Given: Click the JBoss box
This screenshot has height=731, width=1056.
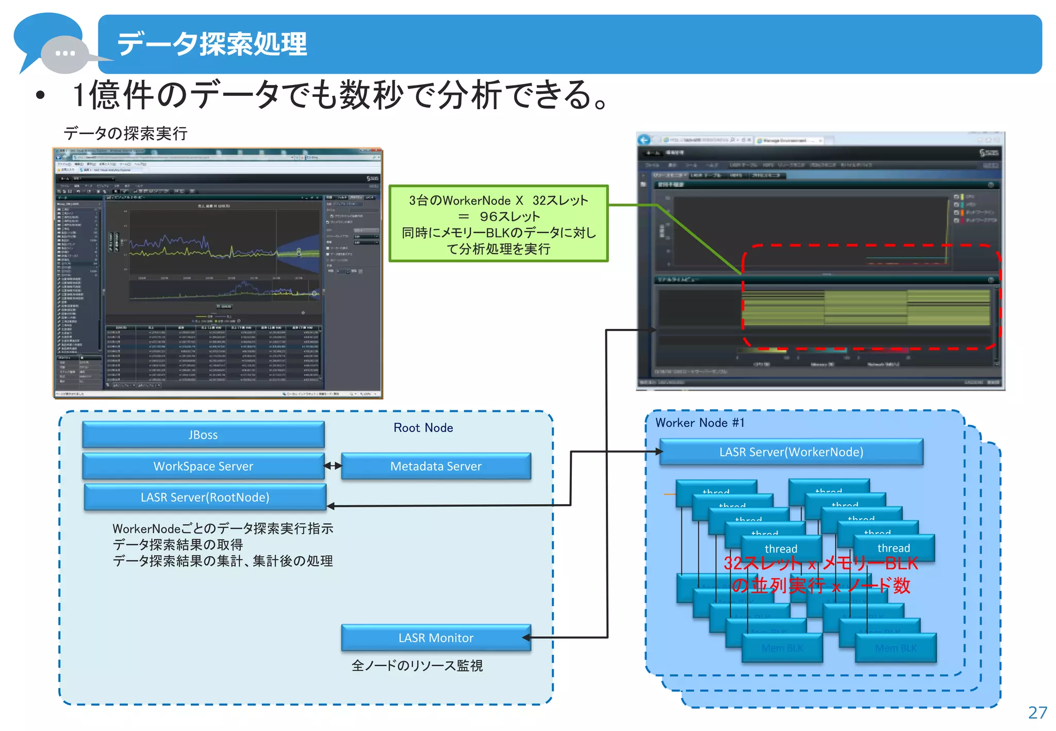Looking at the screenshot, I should click(203, 435).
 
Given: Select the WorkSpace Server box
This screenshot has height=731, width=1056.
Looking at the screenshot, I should click(203, 466).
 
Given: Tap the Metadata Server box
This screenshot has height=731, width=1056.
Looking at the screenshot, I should click(436, 466).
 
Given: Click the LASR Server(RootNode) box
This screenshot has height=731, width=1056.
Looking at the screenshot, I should click(205, 497).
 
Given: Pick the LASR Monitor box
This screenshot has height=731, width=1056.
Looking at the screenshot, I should click(436, 638).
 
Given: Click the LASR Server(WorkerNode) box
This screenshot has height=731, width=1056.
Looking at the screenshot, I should click(791, 452).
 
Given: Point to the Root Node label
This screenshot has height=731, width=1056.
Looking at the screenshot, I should click(423, 427).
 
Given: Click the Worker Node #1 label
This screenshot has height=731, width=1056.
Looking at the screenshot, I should click(700, 423).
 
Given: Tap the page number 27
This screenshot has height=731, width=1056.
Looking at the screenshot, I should click(1037, 712).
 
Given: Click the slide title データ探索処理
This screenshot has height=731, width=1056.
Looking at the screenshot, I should click(212, 44).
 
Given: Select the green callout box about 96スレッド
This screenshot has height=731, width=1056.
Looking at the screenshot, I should click(498, 224).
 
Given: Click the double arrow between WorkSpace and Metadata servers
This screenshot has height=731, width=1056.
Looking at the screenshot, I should click(333, 466).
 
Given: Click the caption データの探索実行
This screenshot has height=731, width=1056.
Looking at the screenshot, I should click(125, 134).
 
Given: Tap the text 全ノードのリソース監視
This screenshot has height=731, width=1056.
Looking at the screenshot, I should click(417, 666).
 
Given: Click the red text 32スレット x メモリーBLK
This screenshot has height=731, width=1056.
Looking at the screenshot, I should click(820, 563).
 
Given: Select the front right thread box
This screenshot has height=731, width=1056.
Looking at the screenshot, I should click(894, 548).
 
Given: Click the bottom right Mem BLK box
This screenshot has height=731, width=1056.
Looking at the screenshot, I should click(896, 649).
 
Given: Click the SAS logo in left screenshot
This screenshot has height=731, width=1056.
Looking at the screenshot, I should click(372, 178).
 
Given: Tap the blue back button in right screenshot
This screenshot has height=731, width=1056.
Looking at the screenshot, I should click(644, 140).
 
